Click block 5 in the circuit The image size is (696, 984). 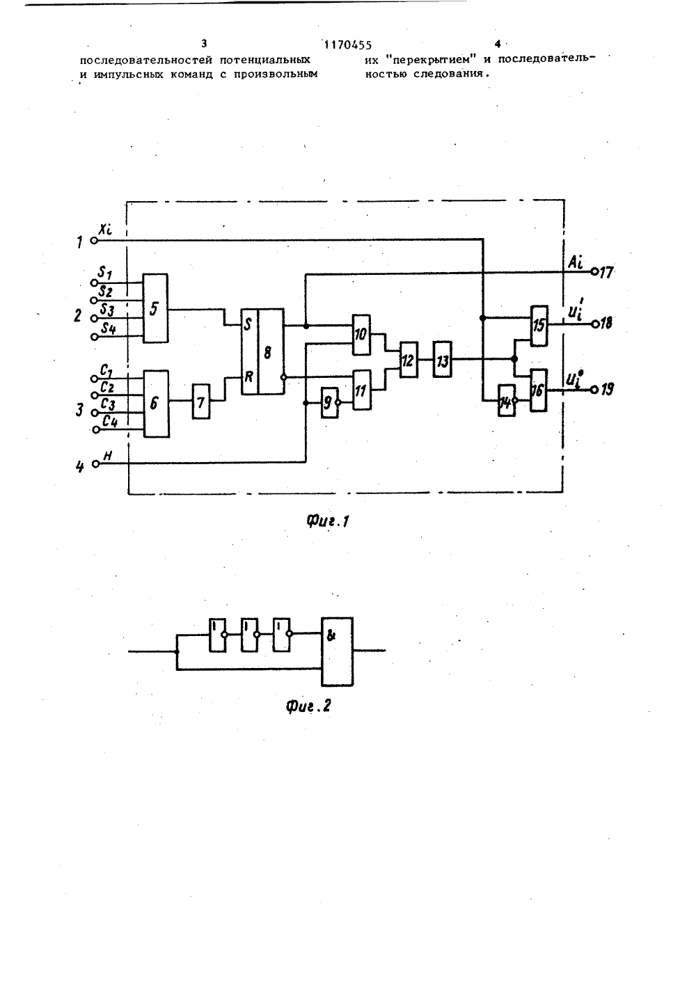[155, 308]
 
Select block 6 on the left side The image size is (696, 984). [157, 403]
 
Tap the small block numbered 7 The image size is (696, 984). [201, 402]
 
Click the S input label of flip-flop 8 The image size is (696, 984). [248, 325]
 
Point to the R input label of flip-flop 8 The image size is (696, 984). [248, 376]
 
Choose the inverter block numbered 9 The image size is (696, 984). [329, 403]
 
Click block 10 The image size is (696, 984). [362, 335]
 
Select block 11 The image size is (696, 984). [362, 390]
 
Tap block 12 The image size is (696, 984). [409, 360]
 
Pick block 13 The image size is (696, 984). [442, 359]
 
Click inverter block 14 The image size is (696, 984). [506, 401]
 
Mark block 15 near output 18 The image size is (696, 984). [539, 326]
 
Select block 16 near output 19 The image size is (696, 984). [538, 390]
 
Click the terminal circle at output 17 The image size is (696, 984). [594, 272]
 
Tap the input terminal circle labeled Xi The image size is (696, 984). [93, 240]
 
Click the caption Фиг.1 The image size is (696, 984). [327, 521]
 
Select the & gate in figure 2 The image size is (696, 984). [337, 651]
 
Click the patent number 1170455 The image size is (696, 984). [347, 45]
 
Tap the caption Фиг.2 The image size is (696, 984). [308, 706]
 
